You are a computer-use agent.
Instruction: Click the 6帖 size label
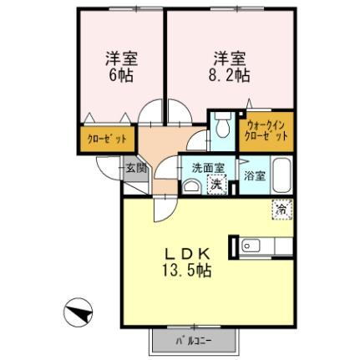(x=121, y=74)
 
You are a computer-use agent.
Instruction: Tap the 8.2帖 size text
(x=229, y=74)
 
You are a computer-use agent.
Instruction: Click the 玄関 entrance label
(x=135, y=167)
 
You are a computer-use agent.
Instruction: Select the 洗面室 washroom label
(x=207, y=168)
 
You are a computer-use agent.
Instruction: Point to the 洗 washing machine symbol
(x=215, y=184)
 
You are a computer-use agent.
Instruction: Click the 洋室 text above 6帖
(x=121, y=58)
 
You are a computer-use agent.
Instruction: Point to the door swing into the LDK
(x=161, y=209)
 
